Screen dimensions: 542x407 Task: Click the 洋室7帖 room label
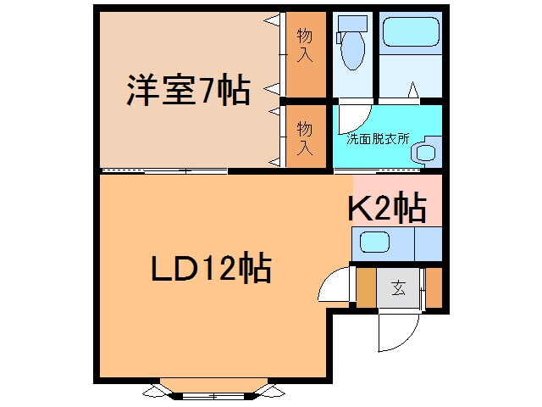tap(188, 90)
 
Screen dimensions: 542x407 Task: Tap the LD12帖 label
tap(211, 268)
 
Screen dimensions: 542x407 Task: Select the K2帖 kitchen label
tap(387, 208)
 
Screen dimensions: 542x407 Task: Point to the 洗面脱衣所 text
tap(378, 139)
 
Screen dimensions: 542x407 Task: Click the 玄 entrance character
tap(398, 287)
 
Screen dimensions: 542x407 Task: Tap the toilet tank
tap(352, 24)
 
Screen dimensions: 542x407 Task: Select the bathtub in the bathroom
tap(411, 32)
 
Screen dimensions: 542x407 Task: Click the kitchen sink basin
tap(374, 242)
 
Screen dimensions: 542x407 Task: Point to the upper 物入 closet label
tap(305, 46)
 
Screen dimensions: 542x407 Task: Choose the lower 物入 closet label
tap(305, 138)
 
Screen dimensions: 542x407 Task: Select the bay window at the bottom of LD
tap(213, 390)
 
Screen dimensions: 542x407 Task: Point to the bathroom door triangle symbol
tap(412, 90)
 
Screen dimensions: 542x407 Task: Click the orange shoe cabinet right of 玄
tap(434, 287)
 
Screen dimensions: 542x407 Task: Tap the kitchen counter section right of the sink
tap(429, 243)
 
